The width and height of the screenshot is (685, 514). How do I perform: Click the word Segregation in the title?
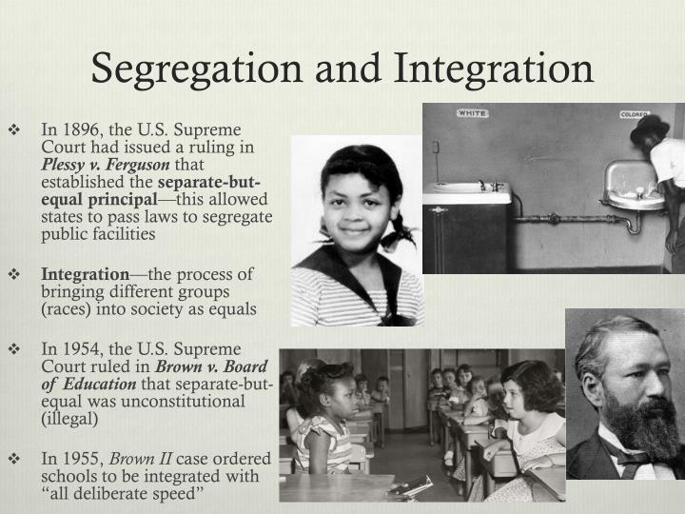[189, 69]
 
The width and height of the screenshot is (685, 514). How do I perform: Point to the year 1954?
[76, 349]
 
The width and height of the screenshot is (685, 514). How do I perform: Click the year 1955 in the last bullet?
[76, 457]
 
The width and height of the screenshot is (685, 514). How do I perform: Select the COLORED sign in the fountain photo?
[634, 114]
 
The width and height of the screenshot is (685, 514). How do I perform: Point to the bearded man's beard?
[640, 419]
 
